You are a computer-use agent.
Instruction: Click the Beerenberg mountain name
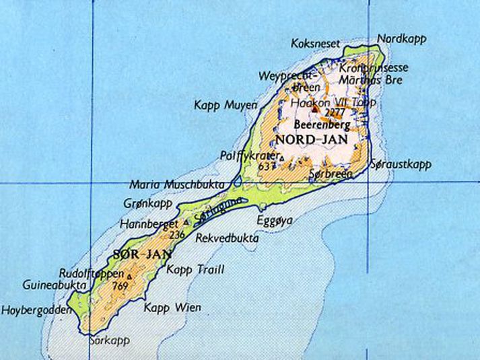click(316, 125)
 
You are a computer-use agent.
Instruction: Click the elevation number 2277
click(334, 112)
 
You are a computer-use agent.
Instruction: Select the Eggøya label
click(271, 220)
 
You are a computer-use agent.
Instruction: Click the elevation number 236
click(177, 235)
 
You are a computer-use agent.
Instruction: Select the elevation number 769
click(121, 287)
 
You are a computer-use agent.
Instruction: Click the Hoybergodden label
click(36, 310)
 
